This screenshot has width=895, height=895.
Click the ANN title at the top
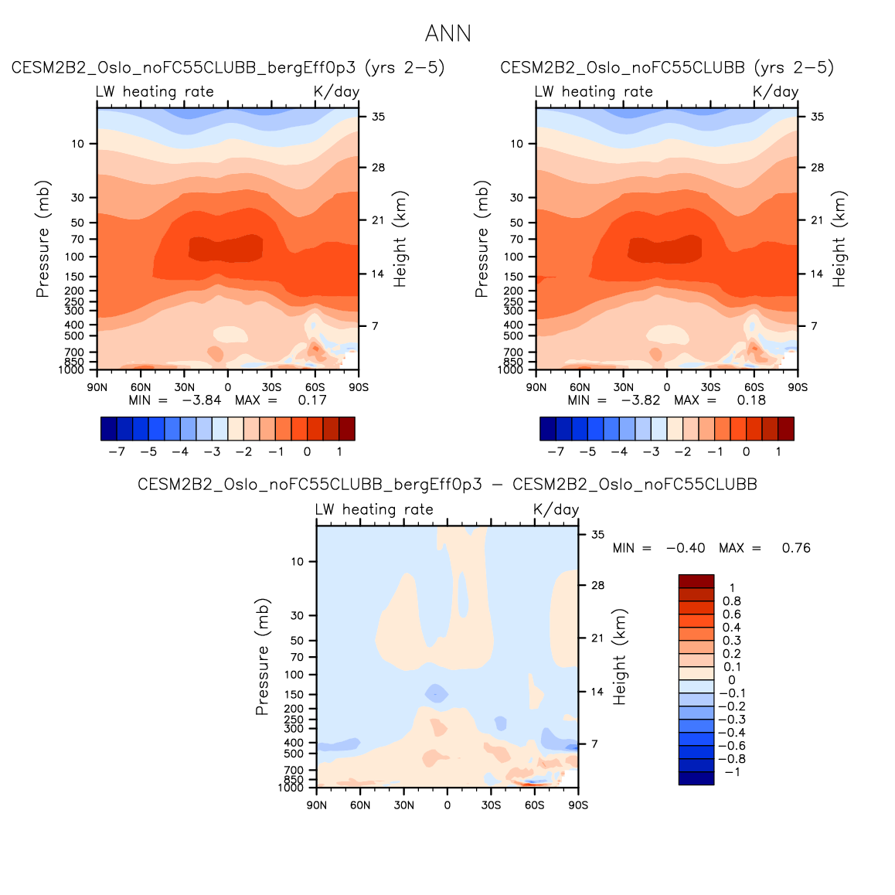click(x=447, y=34)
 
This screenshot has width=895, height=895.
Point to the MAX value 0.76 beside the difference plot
click(x=796, y=548)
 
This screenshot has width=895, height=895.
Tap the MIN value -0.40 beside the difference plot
click(x=686, y=548)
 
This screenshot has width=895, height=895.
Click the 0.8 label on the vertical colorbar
click(x=731, y=601)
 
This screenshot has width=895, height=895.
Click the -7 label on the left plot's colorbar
click(x=117, y=452)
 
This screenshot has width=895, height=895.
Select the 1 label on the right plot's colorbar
click(x=778, y=452)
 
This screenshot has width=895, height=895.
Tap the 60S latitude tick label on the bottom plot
click(x=535, y=805)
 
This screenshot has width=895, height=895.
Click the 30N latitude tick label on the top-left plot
click(x=184, y=387)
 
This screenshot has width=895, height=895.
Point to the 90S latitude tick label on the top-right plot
click(x=798, y=387)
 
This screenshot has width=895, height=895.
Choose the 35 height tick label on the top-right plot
click(x=817, y=117)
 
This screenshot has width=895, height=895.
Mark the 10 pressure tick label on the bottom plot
click(x=298, y=562)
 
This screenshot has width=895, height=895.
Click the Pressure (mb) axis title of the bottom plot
click(x=262, y=656)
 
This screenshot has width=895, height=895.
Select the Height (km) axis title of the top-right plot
click(x=839, y=239)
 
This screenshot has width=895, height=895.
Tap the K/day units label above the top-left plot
click(x=336, y=92)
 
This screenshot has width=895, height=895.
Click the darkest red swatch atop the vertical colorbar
click(x=696, y=581)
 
